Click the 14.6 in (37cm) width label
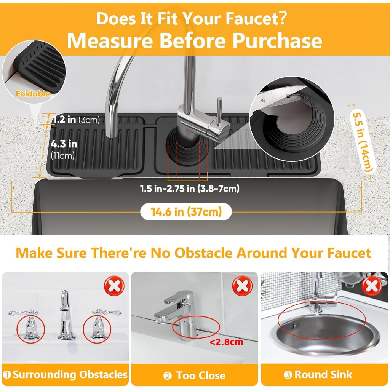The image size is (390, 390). click(x=186, y=212)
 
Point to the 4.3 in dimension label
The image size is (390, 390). click(x=64, y=144)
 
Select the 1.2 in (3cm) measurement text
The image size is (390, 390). click(x=76, y=120)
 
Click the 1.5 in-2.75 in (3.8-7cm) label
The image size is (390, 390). click(x=190, y=189)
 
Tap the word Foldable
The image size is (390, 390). click(x=33, y=94)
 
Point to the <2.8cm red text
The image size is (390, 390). click(x=226, y=342)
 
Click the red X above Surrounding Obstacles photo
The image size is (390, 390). click(x=114, y=286)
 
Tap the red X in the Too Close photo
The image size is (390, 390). click(x=242, y=286)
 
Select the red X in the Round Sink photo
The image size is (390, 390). click(x=372, y=286)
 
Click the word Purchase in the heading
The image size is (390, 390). click(x=277, y=41)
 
